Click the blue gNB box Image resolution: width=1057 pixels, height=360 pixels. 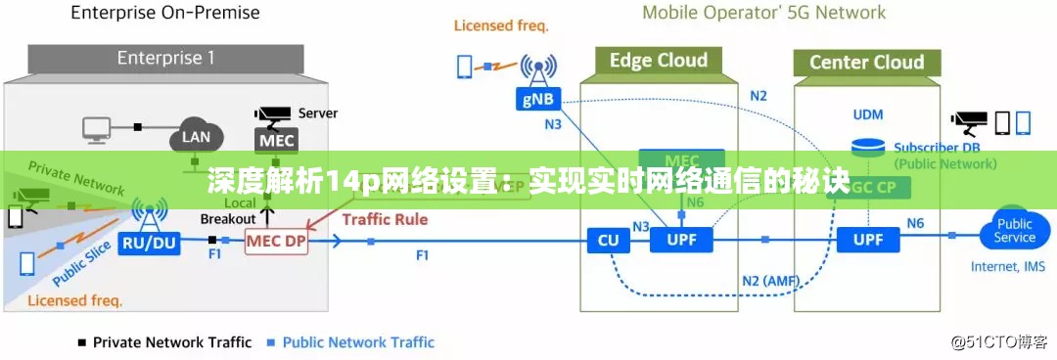535,98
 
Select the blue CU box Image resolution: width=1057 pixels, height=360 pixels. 608,240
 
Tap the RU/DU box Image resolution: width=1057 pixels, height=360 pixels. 151,242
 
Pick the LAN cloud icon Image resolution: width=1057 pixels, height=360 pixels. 196,137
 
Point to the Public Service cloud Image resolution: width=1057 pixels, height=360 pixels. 1014,231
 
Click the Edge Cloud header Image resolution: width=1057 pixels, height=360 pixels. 658,61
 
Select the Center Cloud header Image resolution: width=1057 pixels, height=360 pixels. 866,63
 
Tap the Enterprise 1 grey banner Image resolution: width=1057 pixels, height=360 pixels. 166,58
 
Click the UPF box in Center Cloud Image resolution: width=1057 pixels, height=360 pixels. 867,240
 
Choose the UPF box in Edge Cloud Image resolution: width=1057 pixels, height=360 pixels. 681,240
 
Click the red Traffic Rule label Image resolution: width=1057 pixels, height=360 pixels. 385,219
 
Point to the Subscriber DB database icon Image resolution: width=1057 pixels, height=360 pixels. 868,148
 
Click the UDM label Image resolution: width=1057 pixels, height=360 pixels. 867,115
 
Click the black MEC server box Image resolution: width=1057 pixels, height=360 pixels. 277,140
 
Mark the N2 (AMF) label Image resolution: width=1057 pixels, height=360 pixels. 770,282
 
